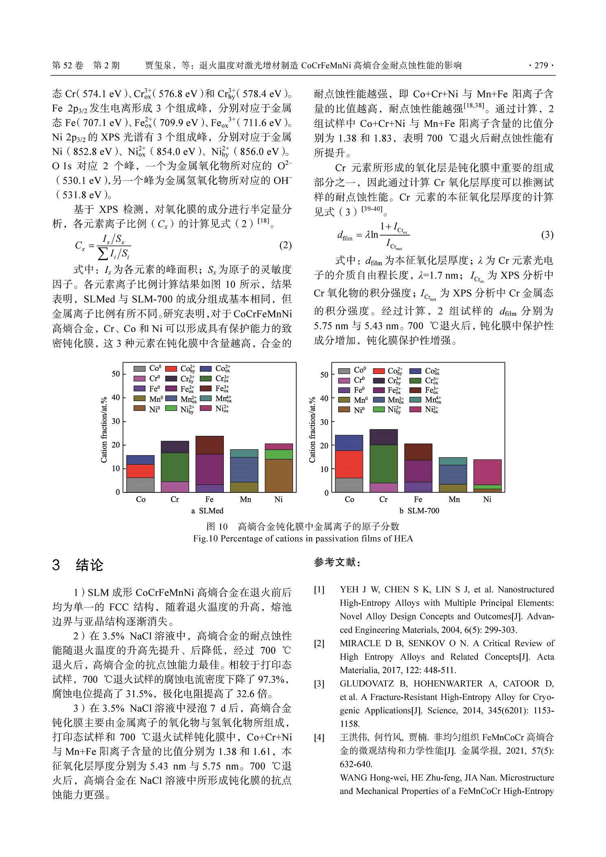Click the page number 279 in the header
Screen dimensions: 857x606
tap(541, 66)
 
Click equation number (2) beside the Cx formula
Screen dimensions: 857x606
tap(285, 245)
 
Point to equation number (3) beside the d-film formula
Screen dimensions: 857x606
tap(547, 234)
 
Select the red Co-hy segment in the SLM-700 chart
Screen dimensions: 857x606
tap(349, 464)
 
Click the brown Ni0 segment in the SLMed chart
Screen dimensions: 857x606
tap(279, 475)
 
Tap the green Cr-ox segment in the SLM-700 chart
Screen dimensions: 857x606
tap(383, 463)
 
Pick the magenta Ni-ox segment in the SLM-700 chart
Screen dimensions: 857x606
tap(487, 472)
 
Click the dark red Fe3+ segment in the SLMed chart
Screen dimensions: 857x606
tap(210, 445)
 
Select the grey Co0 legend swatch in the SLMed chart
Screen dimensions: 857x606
tap(140, 369)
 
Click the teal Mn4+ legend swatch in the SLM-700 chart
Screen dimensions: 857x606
tap(415, 400)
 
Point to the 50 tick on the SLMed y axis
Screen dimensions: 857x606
tap(116, 374)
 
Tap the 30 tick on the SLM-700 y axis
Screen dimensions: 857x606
tap(324, 422)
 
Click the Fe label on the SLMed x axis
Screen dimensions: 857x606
tap(209, 499)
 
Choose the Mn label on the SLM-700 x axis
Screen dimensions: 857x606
tap(454, 499)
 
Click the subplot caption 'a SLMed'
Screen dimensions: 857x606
tap(207, 511)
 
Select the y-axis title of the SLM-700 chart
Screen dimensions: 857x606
tap(312, 430)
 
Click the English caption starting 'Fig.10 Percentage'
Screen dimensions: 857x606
tap(303, 539)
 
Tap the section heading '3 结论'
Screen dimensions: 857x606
tap(78, 565)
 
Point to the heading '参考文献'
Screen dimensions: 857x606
tap(337, 562)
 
